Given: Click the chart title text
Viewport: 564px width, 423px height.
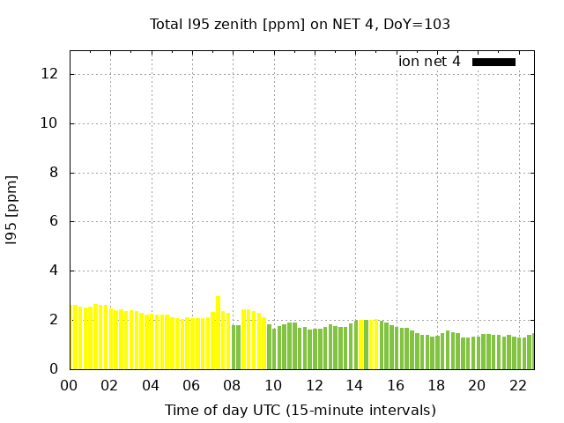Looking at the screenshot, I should pos(300,25).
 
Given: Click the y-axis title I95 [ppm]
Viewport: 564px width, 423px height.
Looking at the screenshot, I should pos(12,209).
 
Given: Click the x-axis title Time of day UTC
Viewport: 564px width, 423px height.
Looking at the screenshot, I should pos(300,411).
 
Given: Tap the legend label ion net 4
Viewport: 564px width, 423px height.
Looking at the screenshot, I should pos(429,62).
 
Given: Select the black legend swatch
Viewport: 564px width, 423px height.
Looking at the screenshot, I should pos(493,62).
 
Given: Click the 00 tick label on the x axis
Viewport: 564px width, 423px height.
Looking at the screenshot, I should pos(70,386).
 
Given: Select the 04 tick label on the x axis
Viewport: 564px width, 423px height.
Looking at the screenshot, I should pos(151,386).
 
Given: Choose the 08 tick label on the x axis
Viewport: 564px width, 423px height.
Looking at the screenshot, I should pos(233,386).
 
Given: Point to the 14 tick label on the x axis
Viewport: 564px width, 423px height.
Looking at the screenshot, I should pos(354,386).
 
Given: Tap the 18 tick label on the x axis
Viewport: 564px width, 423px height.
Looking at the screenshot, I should pos(436,386).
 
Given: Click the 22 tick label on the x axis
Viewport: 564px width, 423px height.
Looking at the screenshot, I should pos(517,386).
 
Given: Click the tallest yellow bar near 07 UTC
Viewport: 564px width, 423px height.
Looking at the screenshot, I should pos(218,332).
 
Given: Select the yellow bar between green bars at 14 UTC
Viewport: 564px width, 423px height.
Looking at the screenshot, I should pos(360,345).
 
